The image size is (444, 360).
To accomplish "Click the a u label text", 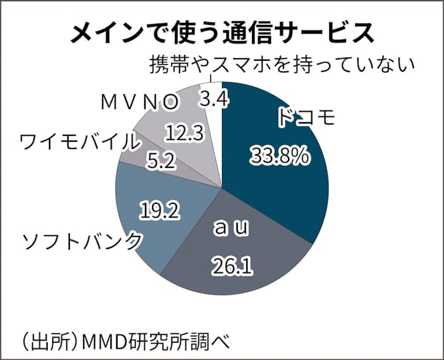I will (232, 229).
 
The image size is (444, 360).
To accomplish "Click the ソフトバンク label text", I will (82, 242).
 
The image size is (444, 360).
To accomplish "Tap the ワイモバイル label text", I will (78, 140).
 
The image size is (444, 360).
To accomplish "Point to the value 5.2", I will (159, 161).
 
